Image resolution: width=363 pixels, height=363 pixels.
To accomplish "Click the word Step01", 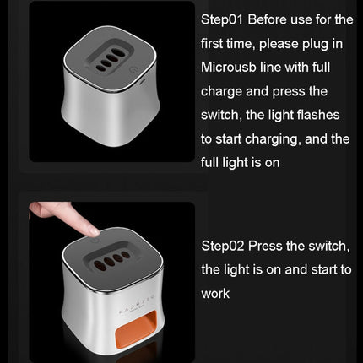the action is tap(222, 19).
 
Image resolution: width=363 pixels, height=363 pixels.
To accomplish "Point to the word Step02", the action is tap(223, 246).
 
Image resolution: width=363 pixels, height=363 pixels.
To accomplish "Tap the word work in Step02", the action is tap(215, 294).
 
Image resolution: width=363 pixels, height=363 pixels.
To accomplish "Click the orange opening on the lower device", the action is tap(137, 329).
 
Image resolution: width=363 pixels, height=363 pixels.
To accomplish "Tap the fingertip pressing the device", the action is tap(92, 231).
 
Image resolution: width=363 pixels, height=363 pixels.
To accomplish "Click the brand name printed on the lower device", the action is tap(136, 304).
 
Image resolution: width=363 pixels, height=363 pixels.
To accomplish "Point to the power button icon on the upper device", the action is tap(132, 69).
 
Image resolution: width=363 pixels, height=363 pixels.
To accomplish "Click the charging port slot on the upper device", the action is tap(142, 82).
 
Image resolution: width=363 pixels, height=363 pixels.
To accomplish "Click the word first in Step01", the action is tap(212, 44).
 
